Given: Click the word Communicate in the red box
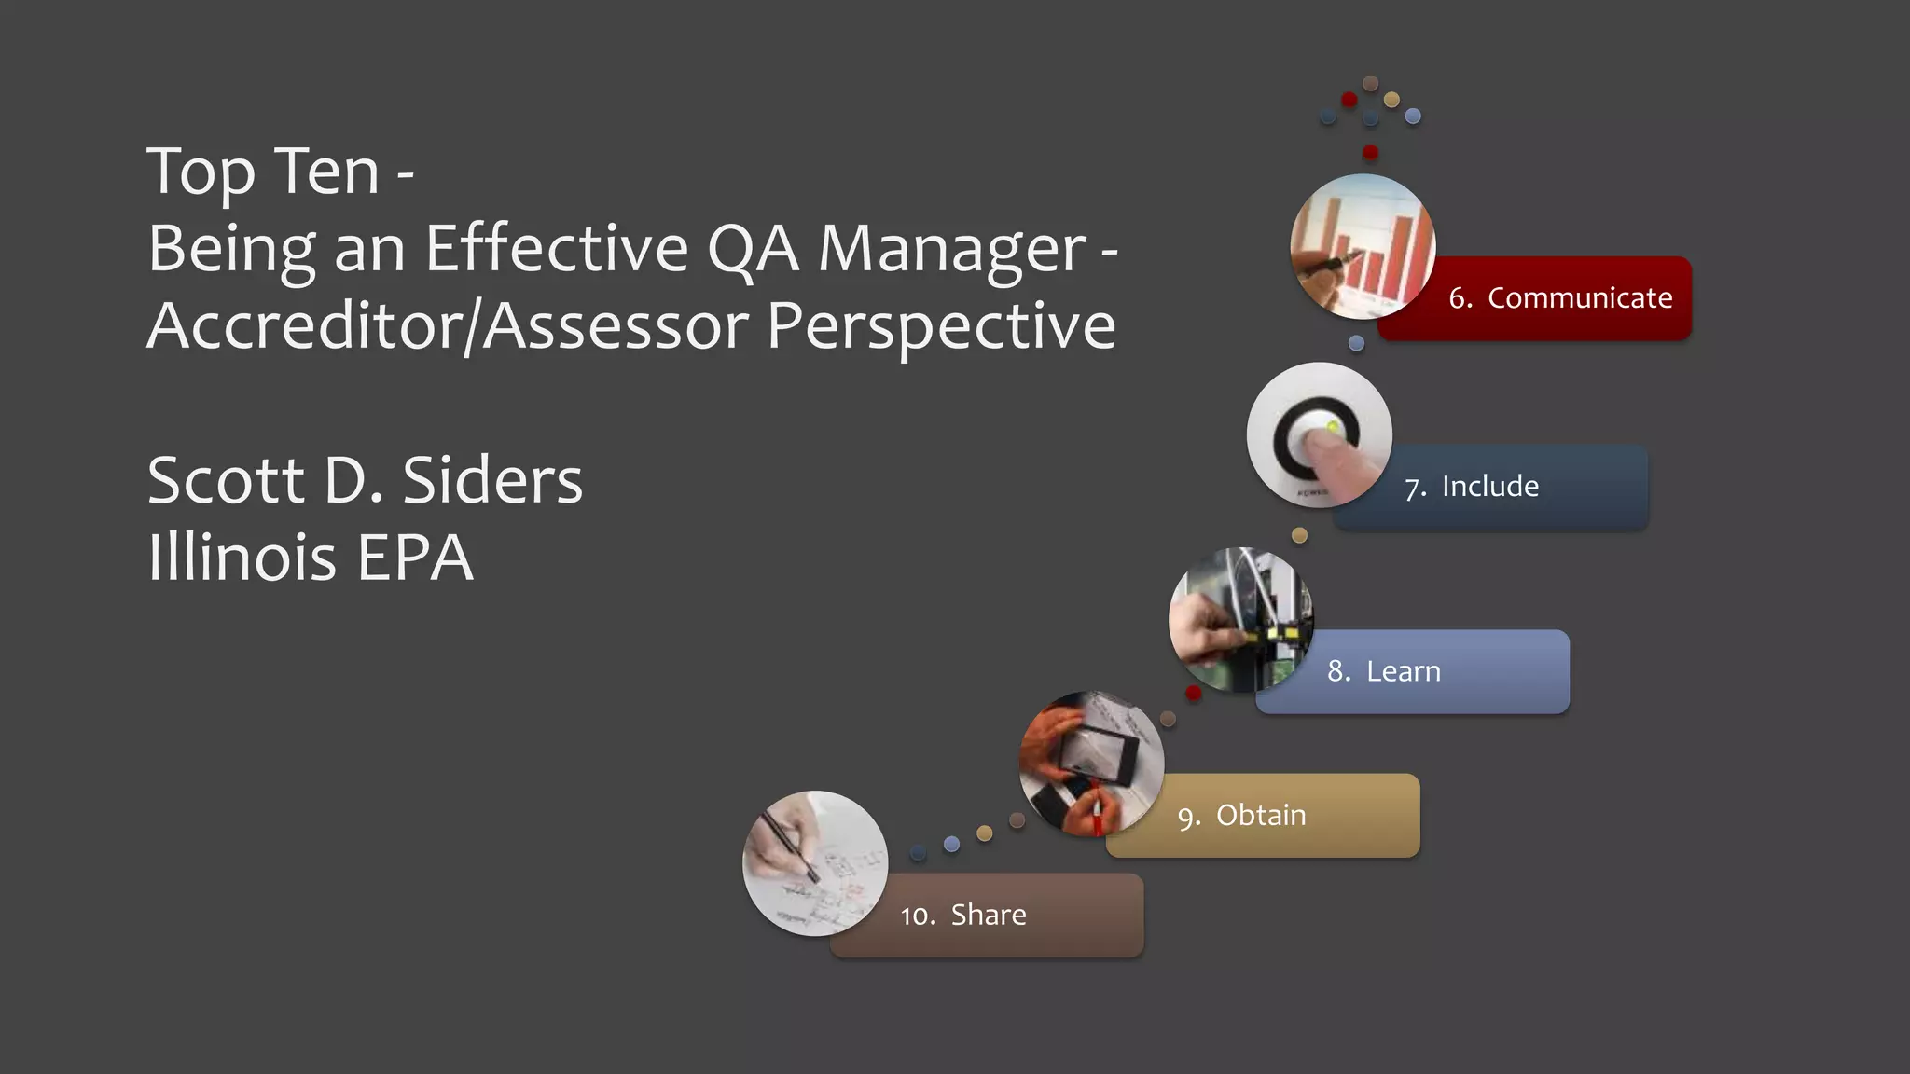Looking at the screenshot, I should pyautogui.click(x=1579, y=298).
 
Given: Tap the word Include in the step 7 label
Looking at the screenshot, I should pyautogui.click(x=1489, y=487).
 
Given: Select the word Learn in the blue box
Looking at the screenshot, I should pyautogui.click(x=1403, y=671).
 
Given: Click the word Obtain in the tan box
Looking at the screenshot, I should pyautogui.click(x=1261, y=816).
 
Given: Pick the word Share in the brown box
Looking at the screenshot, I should pyautogui.click(x=989, y=916).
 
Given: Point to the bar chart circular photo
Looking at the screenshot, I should pyautogui.click(x=1363, y=247).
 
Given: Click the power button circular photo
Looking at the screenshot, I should pyautogui.click(x=1319, y=435).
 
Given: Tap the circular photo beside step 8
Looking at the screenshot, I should pyautogui.click(x=1240, y=620).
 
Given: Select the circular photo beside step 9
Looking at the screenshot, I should pyautogui.click(x=1091, y=764).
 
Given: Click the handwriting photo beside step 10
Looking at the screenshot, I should pyautogui.click(x=815, y=863).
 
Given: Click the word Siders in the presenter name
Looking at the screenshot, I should pyautogui.click(x=491, y=481).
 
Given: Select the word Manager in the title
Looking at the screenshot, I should pyautogui.click(x=951, y=250).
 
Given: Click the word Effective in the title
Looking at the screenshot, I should pyautogui.click(x=557, y=249).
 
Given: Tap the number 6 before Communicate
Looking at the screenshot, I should pyautogui.click(x=1459, y=298).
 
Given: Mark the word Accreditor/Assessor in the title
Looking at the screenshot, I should pyautogui.click(x=448, y=326).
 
